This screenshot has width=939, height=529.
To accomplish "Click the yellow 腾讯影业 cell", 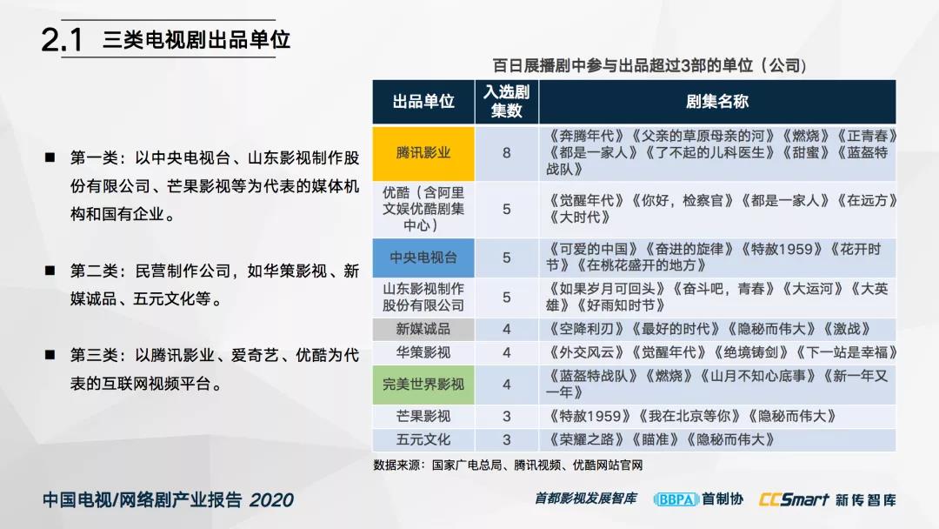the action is pos(423,153).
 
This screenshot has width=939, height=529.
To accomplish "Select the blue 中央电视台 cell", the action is pos(423,258).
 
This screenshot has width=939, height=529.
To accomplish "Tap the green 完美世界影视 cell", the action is pos(423,385).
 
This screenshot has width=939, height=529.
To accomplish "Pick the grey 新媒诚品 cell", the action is pos(423,329).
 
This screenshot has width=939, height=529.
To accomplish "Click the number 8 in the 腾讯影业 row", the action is pos(507,153).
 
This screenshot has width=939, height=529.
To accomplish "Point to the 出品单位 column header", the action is pos(423,101).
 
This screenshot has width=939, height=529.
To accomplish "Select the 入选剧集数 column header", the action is pos(507,101).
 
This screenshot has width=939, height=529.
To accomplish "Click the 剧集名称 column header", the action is pos(716,101).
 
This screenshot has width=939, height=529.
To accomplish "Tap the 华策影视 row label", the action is pos(423,352).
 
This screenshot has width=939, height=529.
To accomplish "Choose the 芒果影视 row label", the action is pos(423,416).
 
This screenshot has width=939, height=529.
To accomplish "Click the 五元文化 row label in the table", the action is pos(423,439).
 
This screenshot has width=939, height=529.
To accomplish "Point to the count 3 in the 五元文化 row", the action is pos(507,439).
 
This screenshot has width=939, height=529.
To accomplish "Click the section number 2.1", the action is pos(62,40).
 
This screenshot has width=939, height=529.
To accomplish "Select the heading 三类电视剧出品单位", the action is pos(196,39).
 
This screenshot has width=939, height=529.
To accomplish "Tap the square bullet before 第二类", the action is pos(50,271).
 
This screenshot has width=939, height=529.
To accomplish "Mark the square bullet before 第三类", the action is pos(50,355).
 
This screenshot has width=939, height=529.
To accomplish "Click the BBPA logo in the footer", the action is pos(676,499).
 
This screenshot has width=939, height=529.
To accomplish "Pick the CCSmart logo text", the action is pos(794,499).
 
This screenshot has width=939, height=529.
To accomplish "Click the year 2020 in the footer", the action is pos(271,500).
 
